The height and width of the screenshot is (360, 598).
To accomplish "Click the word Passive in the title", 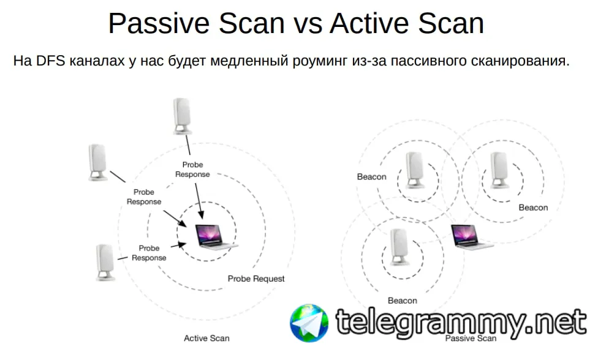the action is tap(159, 23).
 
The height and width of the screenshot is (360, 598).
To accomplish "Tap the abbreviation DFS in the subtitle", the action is tap(51, 61).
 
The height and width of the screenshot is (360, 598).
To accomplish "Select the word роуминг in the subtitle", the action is tap(320, 61).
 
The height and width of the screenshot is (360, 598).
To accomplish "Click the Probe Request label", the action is tap(256, 279).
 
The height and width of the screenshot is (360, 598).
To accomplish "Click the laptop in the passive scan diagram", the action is tap(470, 237).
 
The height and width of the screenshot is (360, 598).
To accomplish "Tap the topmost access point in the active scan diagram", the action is tap(182, 116).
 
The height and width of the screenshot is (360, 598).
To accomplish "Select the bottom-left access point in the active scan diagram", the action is tap(105, 263).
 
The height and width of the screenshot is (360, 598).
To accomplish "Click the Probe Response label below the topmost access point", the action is tap(192, 170).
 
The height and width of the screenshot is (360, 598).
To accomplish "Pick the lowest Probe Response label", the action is tap(149, 253).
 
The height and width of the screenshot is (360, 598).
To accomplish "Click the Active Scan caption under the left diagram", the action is tap(206, 339).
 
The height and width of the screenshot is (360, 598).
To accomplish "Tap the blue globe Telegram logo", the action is tap(309, 323).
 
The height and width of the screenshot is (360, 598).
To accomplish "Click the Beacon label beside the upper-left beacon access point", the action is tap(371, 177).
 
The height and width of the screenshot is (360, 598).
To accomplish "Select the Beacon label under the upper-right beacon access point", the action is tap(533, 208).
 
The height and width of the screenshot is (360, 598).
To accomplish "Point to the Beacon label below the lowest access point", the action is tap(403, 301).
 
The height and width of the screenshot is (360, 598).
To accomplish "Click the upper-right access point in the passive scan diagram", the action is tap(499, 170).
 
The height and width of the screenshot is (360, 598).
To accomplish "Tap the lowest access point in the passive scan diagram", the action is tap(399, 247).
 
